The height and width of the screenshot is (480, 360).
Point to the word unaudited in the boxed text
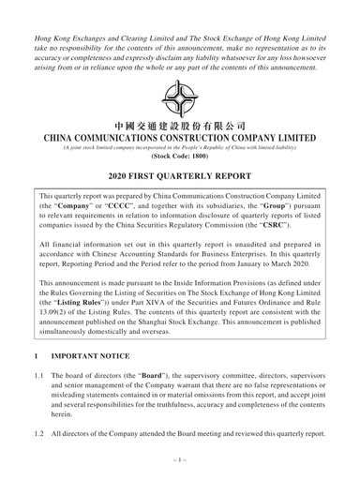249,247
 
